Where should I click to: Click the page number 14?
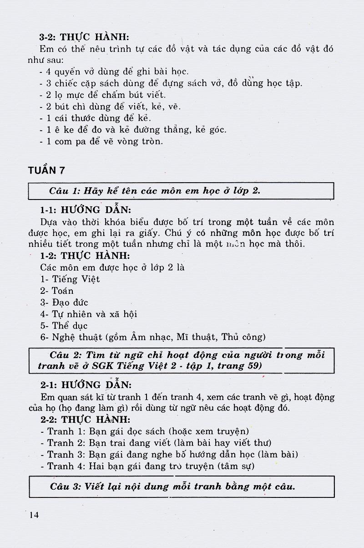(x=34, y=515)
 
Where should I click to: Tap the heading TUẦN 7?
(x=46, y=171)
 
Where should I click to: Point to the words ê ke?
(x=60, y=130)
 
